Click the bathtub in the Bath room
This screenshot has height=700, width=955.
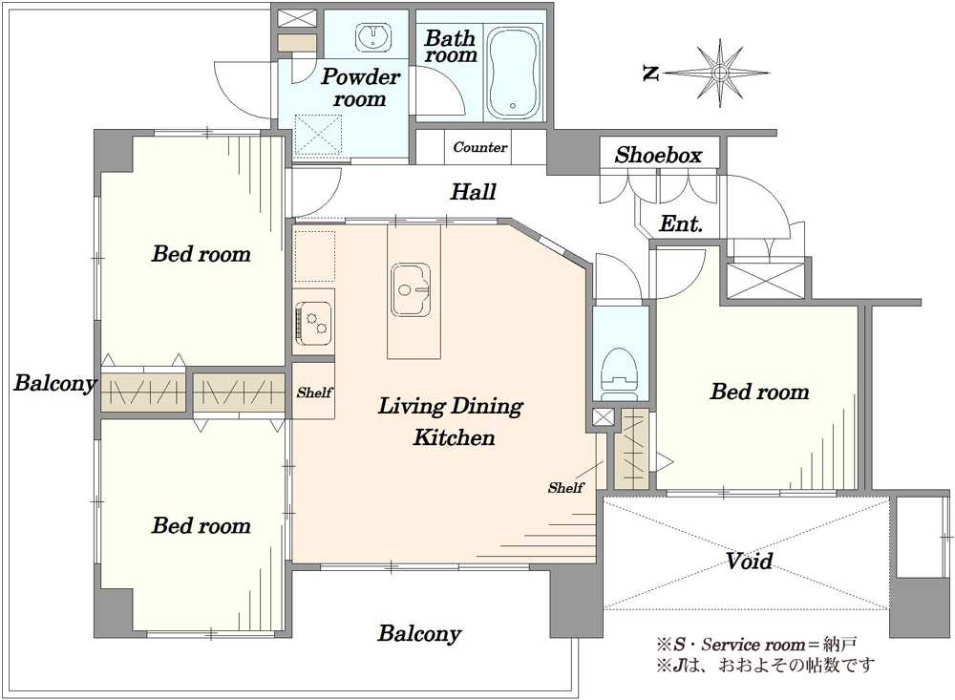[x=514, y=72]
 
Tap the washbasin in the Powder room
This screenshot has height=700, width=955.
[x=371, y=36]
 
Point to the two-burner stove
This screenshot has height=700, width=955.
[x=314, y=321]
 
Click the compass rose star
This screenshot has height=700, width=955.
[x=720, y=73]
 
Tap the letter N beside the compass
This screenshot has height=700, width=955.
[x=651, y=74]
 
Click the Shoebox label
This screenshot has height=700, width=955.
[x=658, y=155]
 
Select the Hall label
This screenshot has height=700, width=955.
[x=474, y=192]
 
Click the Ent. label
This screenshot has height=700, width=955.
[x=681, y=223]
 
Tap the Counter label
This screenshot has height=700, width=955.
[x=479, y=147]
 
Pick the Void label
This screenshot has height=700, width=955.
[x=749, y=560]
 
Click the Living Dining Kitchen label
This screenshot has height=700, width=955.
[x=451, y=421]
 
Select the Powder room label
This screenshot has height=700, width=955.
[x=360, y=87]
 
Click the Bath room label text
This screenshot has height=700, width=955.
[x=451, y=46]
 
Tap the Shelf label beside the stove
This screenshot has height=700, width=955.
[x=314, y=392]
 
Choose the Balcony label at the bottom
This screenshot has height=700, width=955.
[x=419, y=633]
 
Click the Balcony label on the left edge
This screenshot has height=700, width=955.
[x=54, y=383]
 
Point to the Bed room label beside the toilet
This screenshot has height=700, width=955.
[x=759, y=392]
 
